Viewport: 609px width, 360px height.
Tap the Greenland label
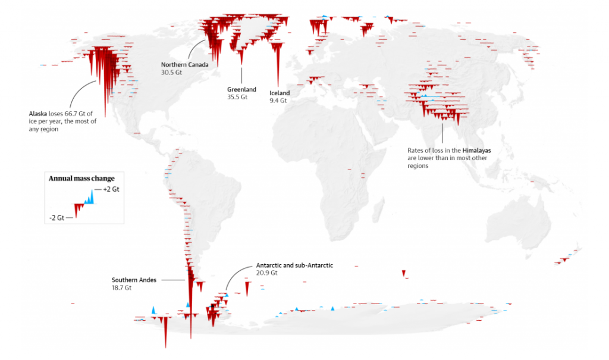tap(241, 89)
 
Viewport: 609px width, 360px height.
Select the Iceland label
tap(280, 93)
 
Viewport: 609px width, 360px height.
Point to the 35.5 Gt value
tap(237, 97)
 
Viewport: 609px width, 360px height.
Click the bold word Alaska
tap(38, 112)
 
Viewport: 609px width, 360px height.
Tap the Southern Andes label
tap(134, 280)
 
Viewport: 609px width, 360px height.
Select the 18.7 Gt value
tap(121, 287)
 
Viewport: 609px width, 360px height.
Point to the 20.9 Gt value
tap(266, 273)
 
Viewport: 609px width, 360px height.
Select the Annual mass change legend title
tap(81, 179)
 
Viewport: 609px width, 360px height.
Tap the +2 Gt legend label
tap(111, 189)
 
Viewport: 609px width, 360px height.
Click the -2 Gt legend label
tap(57, 218)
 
